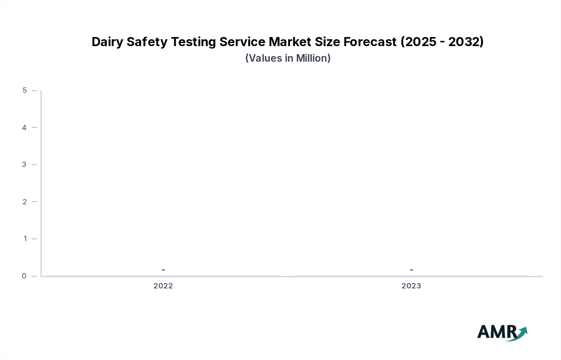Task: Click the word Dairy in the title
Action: click(107, 42)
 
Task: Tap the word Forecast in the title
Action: click(370, 42)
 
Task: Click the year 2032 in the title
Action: click(464, 42)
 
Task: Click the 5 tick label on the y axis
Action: click(25, 91)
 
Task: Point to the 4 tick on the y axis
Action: click(24, 128)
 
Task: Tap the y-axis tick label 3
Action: click(24, 165)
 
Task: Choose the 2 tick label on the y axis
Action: click(25, 202)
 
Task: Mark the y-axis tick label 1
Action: click(25, 239)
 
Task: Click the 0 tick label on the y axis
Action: click(24, 276)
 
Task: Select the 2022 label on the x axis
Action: click(163, 286)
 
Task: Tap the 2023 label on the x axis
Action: click(411, 286)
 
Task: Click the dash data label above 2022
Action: click(163, 270)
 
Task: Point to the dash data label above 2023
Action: click(411, 270)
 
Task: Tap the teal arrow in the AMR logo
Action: click(521, 333)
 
